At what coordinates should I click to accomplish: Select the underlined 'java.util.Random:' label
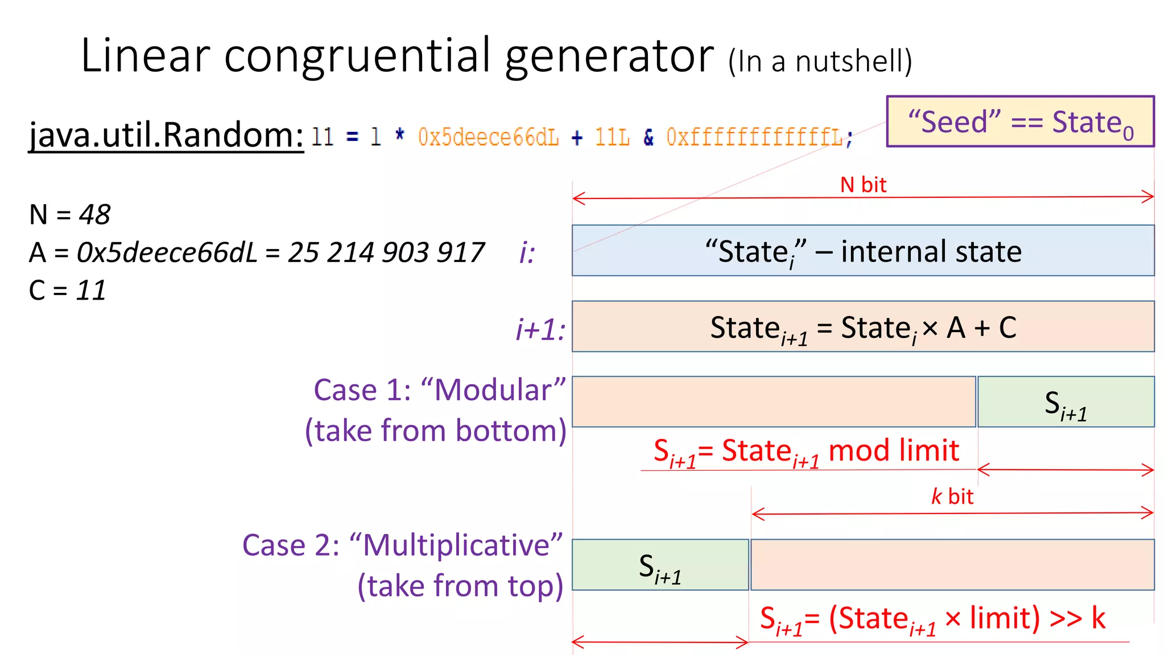point(166,135)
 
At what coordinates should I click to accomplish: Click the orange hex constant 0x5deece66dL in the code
point(488,137)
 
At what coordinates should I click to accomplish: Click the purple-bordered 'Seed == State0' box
point(1020,122)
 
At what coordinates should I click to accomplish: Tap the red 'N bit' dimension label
point(863,185)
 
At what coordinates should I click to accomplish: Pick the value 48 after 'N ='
point(94,215)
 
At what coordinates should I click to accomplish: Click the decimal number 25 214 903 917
point(386,252)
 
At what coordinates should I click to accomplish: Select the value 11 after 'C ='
point(91,291)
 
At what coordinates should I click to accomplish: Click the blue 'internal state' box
point(863,251)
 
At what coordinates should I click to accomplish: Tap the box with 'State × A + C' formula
point(863,327)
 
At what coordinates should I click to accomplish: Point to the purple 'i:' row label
point(527,252)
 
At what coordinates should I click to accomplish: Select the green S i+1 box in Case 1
point(1065,402)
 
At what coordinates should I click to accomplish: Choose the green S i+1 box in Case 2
point(660,565)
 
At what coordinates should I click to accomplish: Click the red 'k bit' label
point(952,496)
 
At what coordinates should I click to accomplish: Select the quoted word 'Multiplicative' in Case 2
point(456,545)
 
